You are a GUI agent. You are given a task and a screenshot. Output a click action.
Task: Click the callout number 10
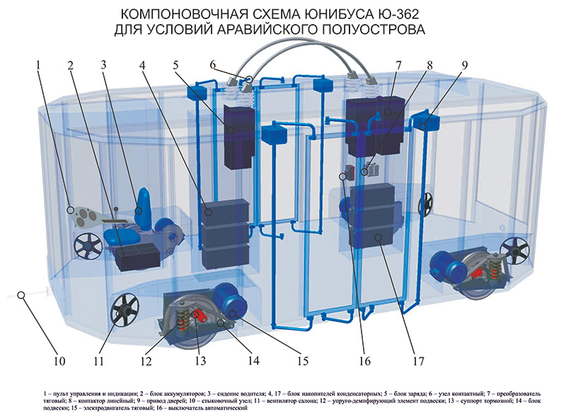59,361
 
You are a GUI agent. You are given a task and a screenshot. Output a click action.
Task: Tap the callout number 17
418,361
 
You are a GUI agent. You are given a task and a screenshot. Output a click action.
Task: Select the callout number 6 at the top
212,65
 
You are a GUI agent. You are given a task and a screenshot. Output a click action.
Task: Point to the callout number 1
38,65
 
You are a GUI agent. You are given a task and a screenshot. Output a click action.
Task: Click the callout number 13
200,361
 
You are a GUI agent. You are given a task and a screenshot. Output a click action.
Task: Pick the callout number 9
464,65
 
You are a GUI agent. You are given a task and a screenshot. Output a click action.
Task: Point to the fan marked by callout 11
125,310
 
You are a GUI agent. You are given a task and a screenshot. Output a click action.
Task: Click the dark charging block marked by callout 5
238,136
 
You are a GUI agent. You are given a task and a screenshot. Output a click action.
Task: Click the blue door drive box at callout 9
425,121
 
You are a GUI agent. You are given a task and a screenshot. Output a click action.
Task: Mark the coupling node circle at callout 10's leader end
21,295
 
